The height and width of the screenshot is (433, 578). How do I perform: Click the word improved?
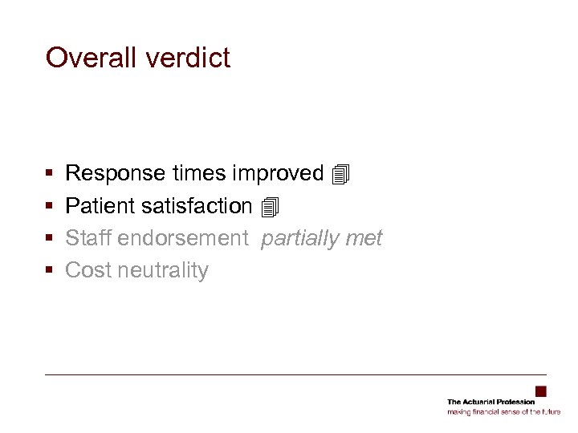tap(277, 173)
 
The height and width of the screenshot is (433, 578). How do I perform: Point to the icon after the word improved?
tap(341, 174)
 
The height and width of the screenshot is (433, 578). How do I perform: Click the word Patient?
tap(100, 206)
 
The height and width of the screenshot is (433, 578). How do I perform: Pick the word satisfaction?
tap(197, 206)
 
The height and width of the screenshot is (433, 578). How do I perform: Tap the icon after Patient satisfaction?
tap(270, 207)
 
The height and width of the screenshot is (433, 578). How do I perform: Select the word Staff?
tap(88, 238)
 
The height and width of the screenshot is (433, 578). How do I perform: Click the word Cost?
tap(88, 270)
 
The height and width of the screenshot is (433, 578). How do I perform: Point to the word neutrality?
tap(162, 271)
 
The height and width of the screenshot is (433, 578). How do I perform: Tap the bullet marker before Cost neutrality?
tap(50, 271)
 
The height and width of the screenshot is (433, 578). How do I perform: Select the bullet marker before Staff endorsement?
tap(50, 239)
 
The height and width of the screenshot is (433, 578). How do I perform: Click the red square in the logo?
tap(540, 391)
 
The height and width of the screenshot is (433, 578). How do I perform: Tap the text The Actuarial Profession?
tap(490, 402)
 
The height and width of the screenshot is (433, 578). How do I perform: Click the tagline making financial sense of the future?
tap(503, 411)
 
